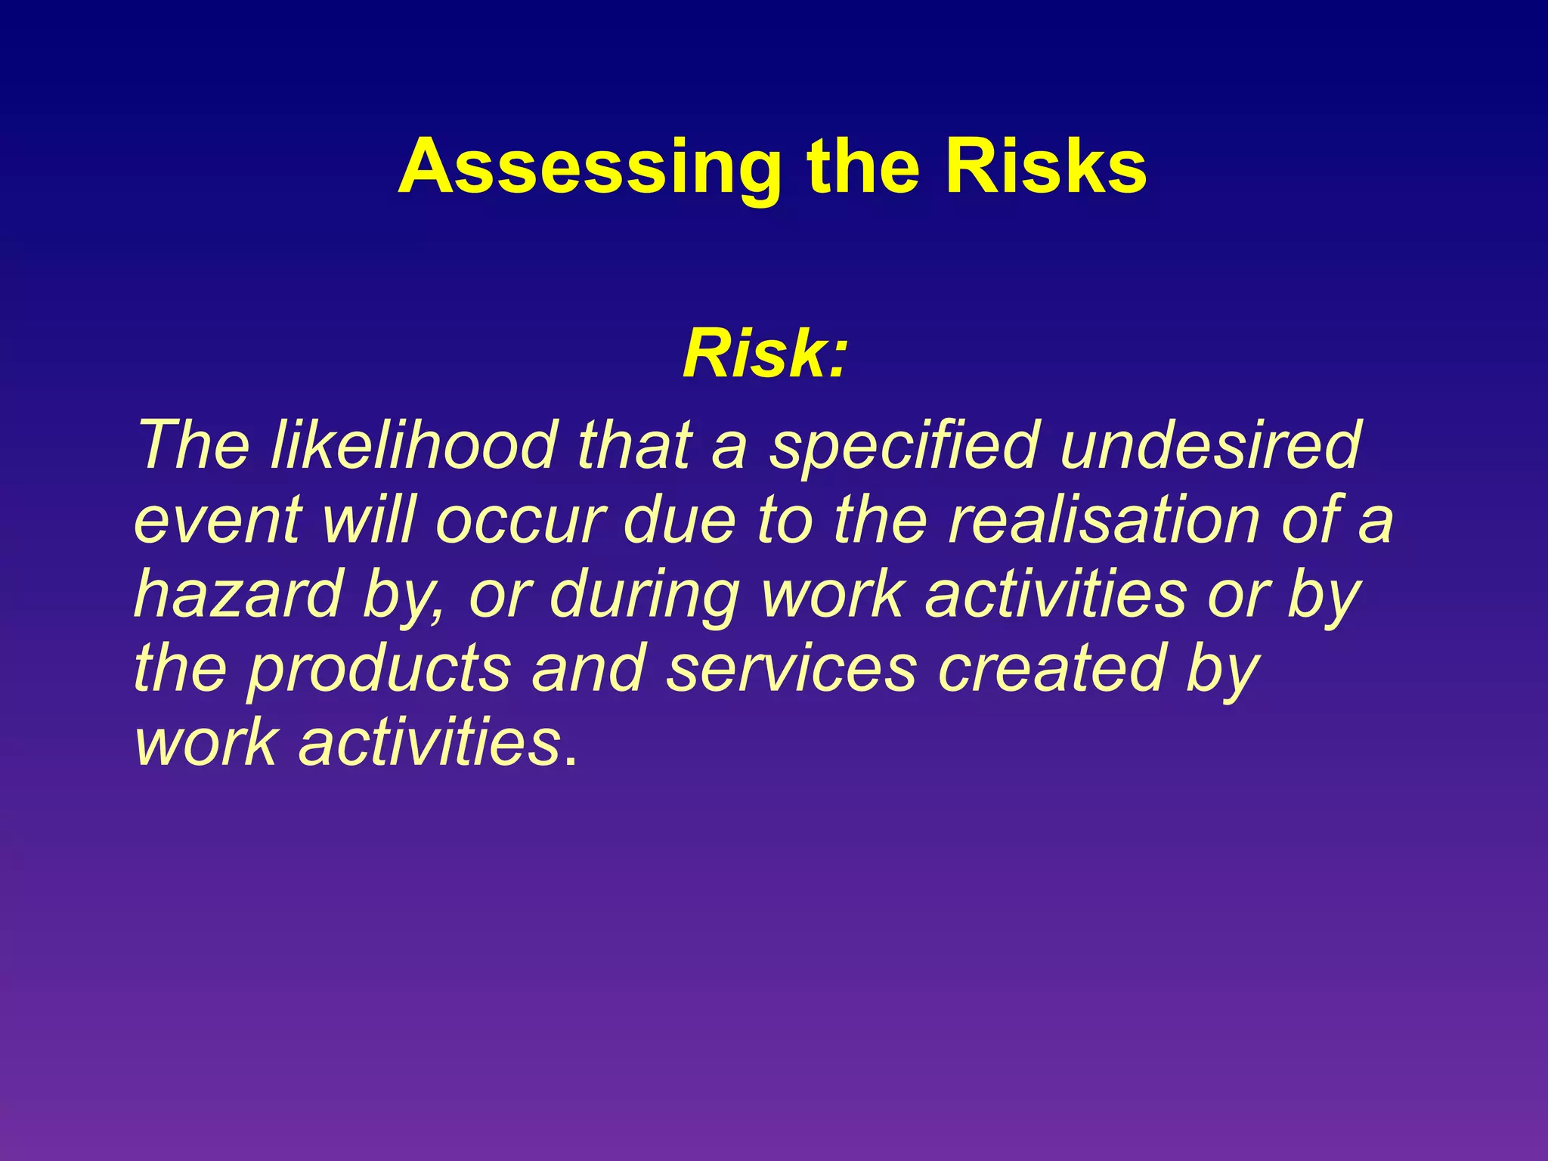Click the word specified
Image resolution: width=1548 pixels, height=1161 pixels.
(904, 446)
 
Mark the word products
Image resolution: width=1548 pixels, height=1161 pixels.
(379, 670)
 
